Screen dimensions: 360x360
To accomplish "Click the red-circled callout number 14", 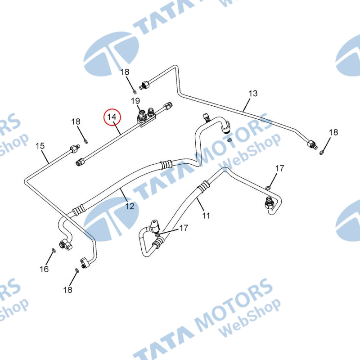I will [112, 117].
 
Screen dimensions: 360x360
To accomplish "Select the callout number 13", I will [253, 94].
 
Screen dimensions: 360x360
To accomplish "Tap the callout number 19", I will [135, 100].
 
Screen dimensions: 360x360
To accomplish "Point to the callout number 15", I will [40, 146].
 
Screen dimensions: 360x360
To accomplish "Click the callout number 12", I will [130, 207].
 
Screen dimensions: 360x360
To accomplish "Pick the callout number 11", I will [206, 216].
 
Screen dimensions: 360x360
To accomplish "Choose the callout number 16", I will [44, 269].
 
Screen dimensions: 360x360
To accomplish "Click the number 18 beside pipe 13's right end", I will [333, 132].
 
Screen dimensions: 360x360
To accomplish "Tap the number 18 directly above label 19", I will [125, 72].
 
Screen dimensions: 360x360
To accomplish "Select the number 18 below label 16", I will [67, 290].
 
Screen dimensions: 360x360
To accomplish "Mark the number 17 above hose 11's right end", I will [280, 169].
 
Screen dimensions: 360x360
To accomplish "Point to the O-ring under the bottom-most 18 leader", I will [77, 270].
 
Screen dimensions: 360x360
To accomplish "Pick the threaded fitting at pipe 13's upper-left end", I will [146, 84].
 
